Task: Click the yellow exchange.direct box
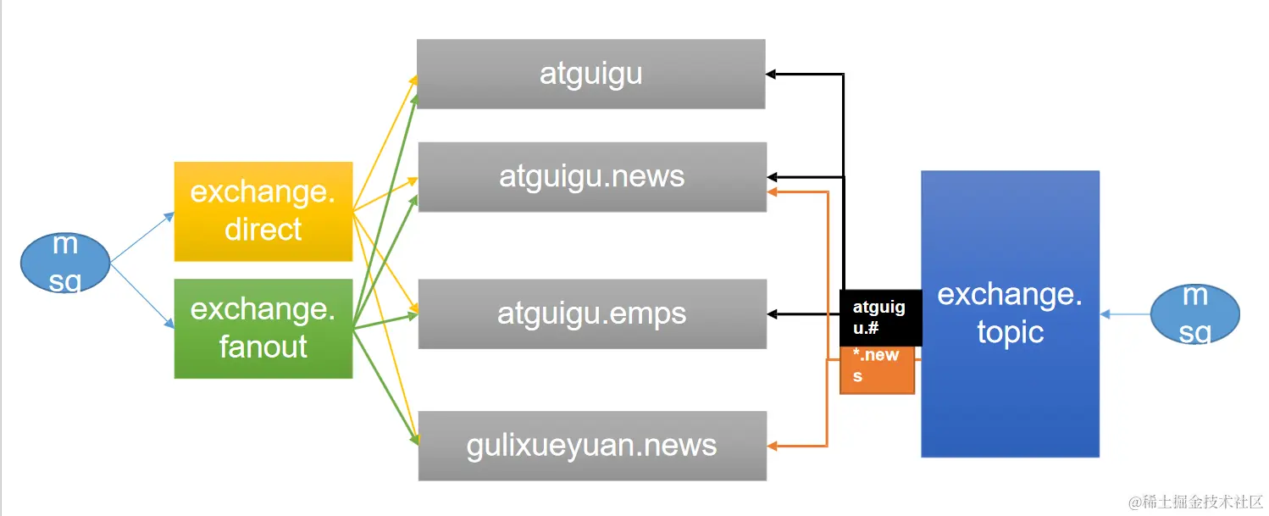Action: (263, 211)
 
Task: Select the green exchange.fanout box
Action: (263, 328)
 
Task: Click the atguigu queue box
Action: (590, 74)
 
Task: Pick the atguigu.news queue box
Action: (591, 176)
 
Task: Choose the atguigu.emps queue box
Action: (591, 313)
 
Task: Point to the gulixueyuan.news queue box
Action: (591, 446)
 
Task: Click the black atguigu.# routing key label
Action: (879, 317)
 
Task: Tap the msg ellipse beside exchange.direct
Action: (65, 263)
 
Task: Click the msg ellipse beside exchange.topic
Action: (1194, 313)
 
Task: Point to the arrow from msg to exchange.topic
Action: (1125, 314)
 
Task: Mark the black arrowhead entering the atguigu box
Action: (772, 75)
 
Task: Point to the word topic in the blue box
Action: (1010, 331)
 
